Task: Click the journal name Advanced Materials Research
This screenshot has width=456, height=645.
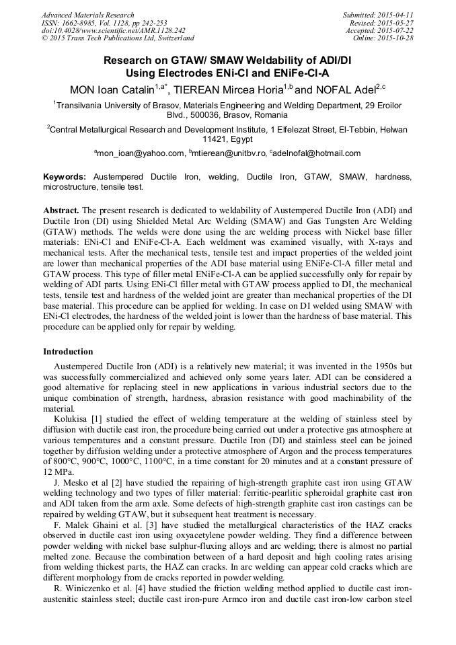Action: point(87,15)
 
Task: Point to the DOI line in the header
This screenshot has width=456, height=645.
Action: point(113,30)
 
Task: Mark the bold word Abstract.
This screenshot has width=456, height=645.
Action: point(62,210)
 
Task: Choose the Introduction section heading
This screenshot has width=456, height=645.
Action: point(68,352)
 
